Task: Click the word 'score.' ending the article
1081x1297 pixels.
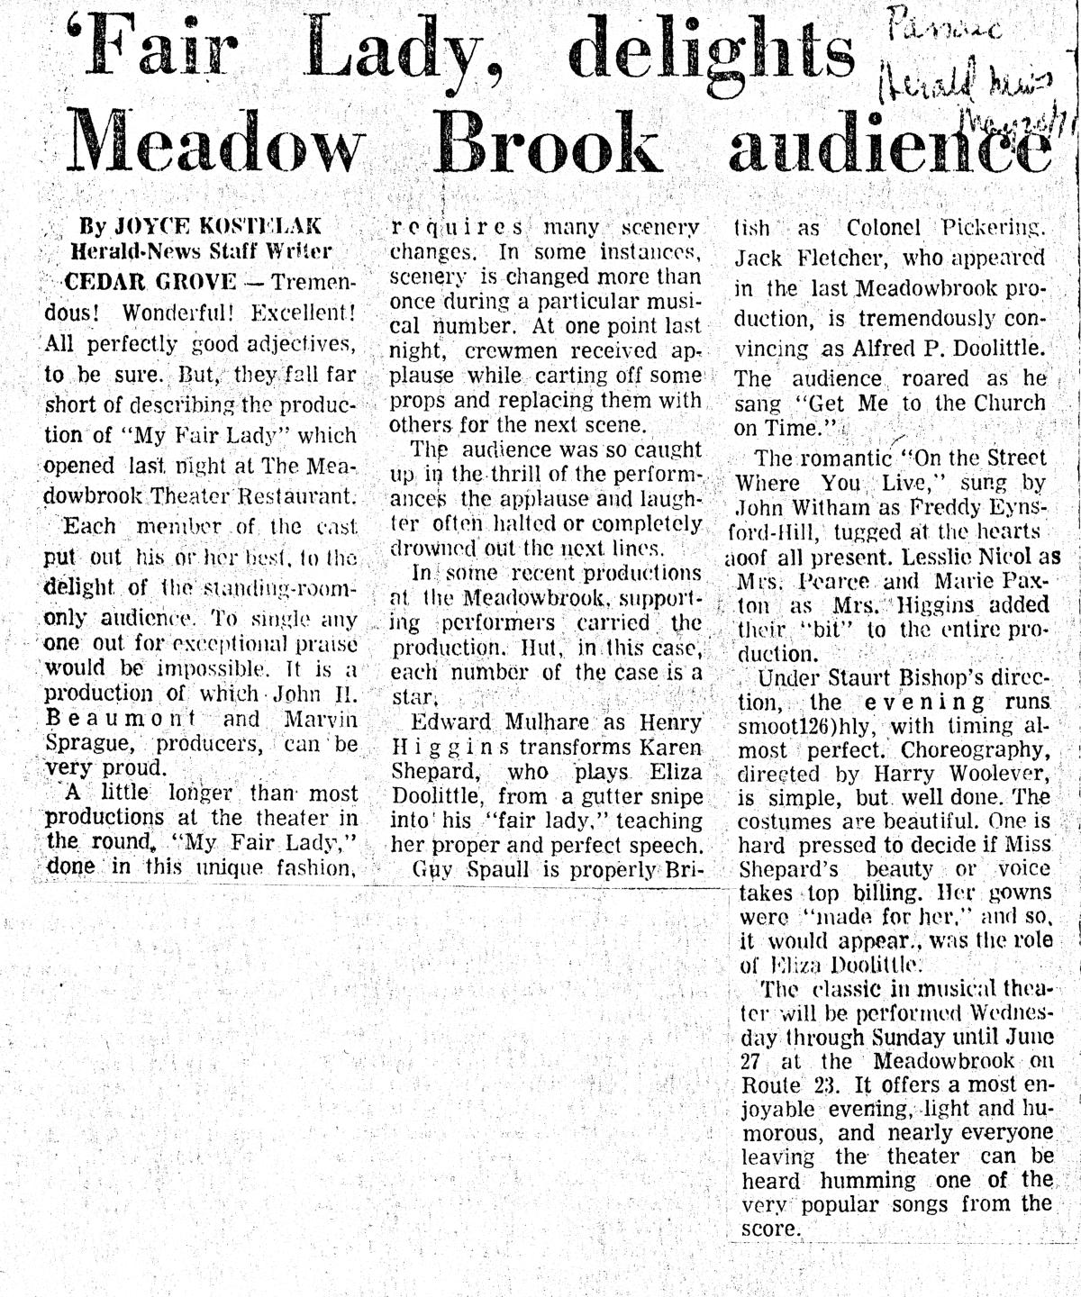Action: point(771,1229)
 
